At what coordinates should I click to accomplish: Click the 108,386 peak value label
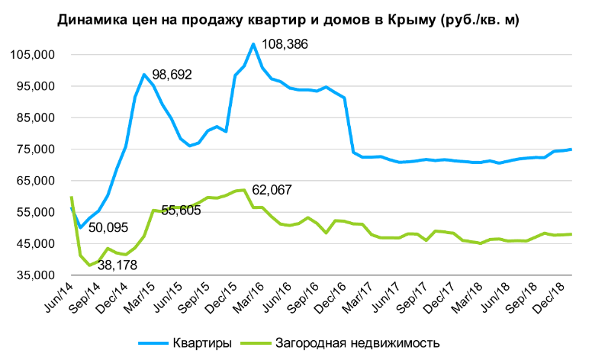pos(285,44)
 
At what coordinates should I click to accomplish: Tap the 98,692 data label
pos(172,74)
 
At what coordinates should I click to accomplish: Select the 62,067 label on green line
pos(272,189)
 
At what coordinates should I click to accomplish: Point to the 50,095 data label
pos(108,227)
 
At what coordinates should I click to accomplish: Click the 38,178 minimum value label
pos(117,265)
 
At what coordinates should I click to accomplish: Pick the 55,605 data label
pos(181,210)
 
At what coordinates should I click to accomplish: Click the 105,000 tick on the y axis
pos(33,55)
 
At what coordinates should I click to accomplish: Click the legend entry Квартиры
pos(202,343)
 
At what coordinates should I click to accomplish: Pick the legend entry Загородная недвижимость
pos(358,343)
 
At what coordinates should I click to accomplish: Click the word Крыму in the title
pos(411,20)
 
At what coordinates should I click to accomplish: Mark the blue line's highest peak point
pos(253,44)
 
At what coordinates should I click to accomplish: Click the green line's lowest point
pos(89,265)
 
